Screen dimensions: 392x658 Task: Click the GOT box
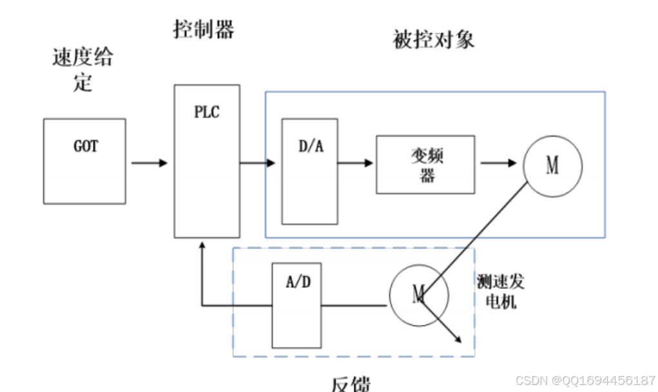[84, 161]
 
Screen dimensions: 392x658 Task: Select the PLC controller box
[207, 161]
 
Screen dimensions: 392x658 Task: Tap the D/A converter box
[309, 171]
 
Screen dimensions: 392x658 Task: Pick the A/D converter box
[296, 305]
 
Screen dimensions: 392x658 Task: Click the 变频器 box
[425, 164]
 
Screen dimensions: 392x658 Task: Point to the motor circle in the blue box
[552, 166]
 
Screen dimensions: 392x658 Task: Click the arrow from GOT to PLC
[150, 163]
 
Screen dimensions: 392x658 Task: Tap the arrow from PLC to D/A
[258, 163]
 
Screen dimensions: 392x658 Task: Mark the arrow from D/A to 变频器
[356, 163]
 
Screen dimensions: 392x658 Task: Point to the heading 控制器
[204, 29]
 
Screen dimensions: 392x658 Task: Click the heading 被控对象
[434, 40]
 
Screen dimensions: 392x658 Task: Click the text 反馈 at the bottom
[351, 384]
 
